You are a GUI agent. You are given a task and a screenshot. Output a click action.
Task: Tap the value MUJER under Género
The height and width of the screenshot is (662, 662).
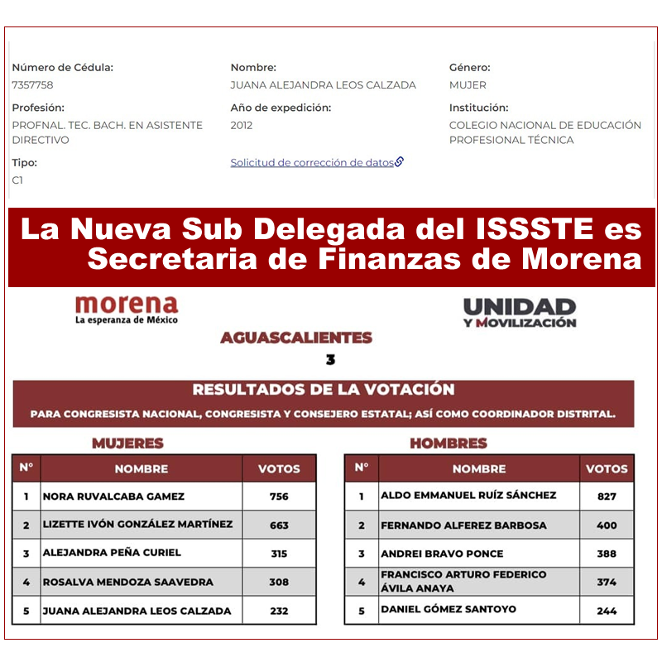[468, 85]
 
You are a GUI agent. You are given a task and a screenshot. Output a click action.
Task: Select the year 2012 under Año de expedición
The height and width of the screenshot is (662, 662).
[242, 126]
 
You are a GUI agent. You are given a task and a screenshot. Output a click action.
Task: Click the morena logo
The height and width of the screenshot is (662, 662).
[126, 309]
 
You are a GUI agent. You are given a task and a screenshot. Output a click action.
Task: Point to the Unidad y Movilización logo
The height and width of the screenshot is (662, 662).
[520, 312]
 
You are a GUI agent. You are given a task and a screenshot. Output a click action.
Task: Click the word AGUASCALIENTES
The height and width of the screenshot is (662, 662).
[296, 338]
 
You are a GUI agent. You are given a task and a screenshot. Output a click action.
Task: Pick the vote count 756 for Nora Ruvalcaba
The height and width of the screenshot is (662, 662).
[279, 496]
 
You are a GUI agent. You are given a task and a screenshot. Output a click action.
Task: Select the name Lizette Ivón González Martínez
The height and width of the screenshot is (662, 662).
[137, 525]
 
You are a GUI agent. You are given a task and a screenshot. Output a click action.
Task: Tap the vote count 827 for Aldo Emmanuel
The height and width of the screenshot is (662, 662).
[607, 496]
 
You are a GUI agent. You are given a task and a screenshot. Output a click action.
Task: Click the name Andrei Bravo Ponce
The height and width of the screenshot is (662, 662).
[442, 554]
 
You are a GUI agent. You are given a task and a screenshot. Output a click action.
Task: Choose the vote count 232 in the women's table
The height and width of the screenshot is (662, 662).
[279, 611]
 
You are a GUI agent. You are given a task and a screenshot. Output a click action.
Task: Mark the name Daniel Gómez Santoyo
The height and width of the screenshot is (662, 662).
[449, 610]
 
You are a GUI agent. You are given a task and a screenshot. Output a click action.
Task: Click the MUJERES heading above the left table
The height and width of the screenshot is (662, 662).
[127, 444]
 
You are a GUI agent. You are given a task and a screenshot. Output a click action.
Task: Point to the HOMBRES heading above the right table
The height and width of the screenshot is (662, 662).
[449, 444]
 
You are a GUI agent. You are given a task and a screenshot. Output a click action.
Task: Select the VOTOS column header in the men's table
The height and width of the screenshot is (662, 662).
[607, 468]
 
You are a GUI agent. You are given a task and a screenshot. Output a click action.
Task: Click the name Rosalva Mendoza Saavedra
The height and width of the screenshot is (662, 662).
[127, 582]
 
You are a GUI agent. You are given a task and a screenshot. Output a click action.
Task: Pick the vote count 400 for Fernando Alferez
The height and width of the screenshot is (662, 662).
[607, 525]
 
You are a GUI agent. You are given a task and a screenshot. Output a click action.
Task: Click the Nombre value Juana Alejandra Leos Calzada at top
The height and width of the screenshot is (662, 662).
[323, 85]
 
